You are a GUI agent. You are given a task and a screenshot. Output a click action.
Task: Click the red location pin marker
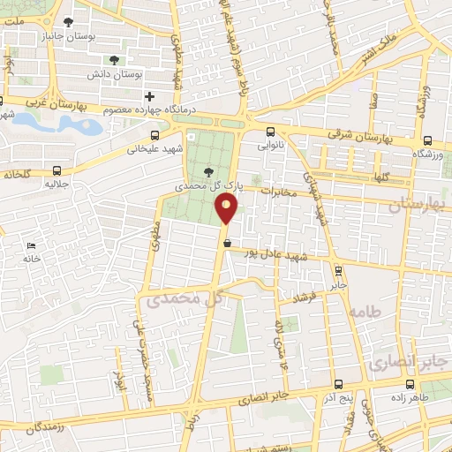226,209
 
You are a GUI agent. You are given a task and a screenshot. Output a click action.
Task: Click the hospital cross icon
149,95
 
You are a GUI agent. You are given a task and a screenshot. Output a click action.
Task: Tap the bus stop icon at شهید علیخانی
155,135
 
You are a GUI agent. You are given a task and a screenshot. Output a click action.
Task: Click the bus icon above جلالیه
57,170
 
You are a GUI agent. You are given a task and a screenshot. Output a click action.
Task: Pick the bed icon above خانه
33,245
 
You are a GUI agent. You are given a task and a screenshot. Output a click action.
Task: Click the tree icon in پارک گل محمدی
208,172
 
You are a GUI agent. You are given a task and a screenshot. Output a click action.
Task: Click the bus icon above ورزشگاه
427,140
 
